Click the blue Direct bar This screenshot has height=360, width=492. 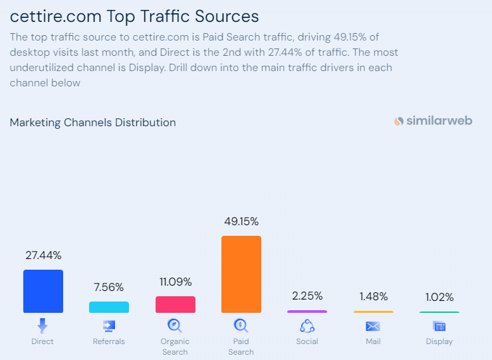pos(43,291)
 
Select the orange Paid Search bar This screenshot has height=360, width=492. pos(241,274)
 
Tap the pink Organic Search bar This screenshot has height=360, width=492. pos(175,304)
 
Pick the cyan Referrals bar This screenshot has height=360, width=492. pos(108,307)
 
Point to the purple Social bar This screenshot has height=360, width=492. pos(307,311)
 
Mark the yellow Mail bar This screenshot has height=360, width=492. pos(373,312)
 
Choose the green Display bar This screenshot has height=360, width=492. pos(439,312)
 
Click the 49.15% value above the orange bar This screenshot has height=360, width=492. pos(241,221)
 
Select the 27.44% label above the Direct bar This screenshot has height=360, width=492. pos(43,255)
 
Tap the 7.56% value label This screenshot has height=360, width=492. pos(108,287)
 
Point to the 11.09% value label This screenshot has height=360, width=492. pos(175,282)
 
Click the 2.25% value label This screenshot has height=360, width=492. pos(307,296)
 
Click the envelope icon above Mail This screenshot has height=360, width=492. pos(373,326)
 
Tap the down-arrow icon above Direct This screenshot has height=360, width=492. pos(43,325)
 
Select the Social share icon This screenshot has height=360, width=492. pos(307,325)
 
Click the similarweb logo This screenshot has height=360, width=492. pos(433,121)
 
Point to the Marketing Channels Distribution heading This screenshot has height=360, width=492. pos(93,122)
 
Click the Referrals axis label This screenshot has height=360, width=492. pos(108,341)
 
